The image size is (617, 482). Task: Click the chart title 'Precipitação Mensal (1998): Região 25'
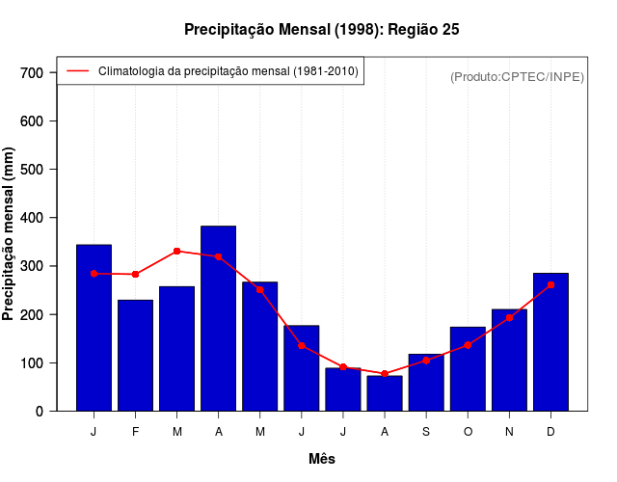point(322,30)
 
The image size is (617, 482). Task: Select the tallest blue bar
point(218,318)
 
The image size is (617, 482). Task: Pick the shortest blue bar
point(385,393)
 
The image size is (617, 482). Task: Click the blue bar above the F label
point(135,355)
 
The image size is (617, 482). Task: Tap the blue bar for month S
point(426,383)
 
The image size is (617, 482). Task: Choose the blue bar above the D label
point(550,342)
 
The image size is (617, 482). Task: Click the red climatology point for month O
point(468,345)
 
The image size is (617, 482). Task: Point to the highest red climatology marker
point(176,251)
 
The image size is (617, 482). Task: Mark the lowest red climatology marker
point(385,374)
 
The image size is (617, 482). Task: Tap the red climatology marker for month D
point(550,285)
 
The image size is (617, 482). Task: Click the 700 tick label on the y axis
point(32,73)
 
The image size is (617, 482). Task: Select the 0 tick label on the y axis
point(40,412)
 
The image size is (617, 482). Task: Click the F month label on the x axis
point(135,432)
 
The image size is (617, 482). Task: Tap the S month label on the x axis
point(426,432)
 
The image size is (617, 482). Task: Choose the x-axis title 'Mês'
point(322,459)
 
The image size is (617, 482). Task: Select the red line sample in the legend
point(77,71)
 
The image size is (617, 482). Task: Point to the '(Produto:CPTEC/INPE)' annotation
point(517,77)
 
